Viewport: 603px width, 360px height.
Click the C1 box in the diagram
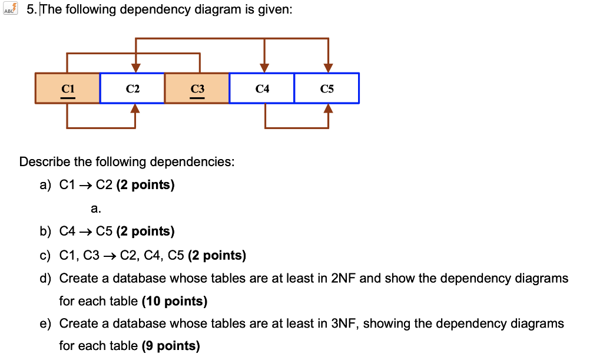tap(68, 88)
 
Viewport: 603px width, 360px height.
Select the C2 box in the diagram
tap(132, 88)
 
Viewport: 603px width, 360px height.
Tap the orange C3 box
tap(197, 88)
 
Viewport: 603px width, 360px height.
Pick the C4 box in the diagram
tap(262, 88)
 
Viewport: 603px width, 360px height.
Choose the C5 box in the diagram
tap(327, 88)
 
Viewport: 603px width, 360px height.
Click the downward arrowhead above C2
tap(136, 68)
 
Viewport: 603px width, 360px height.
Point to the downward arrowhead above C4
tap(265, 68)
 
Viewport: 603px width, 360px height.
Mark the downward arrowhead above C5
tap(328, 68)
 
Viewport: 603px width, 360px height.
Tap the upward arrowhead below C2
tap(135, 108)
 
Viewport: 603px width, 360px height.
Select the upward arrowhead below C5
tap(328, 108)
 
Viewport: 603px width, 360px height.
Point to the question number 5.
tap(31, 10)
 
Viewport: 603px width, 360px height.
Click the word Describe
tap(44, 162)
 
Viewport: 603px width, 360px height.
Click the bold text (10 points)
tap(174, 302)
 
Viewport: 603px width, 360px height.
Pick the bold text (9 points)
tap(171, 346)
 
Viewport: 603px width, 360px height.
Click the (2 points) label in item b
tap(145, 232)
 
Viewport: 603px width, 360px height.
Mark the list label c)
tap(46, 256)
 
